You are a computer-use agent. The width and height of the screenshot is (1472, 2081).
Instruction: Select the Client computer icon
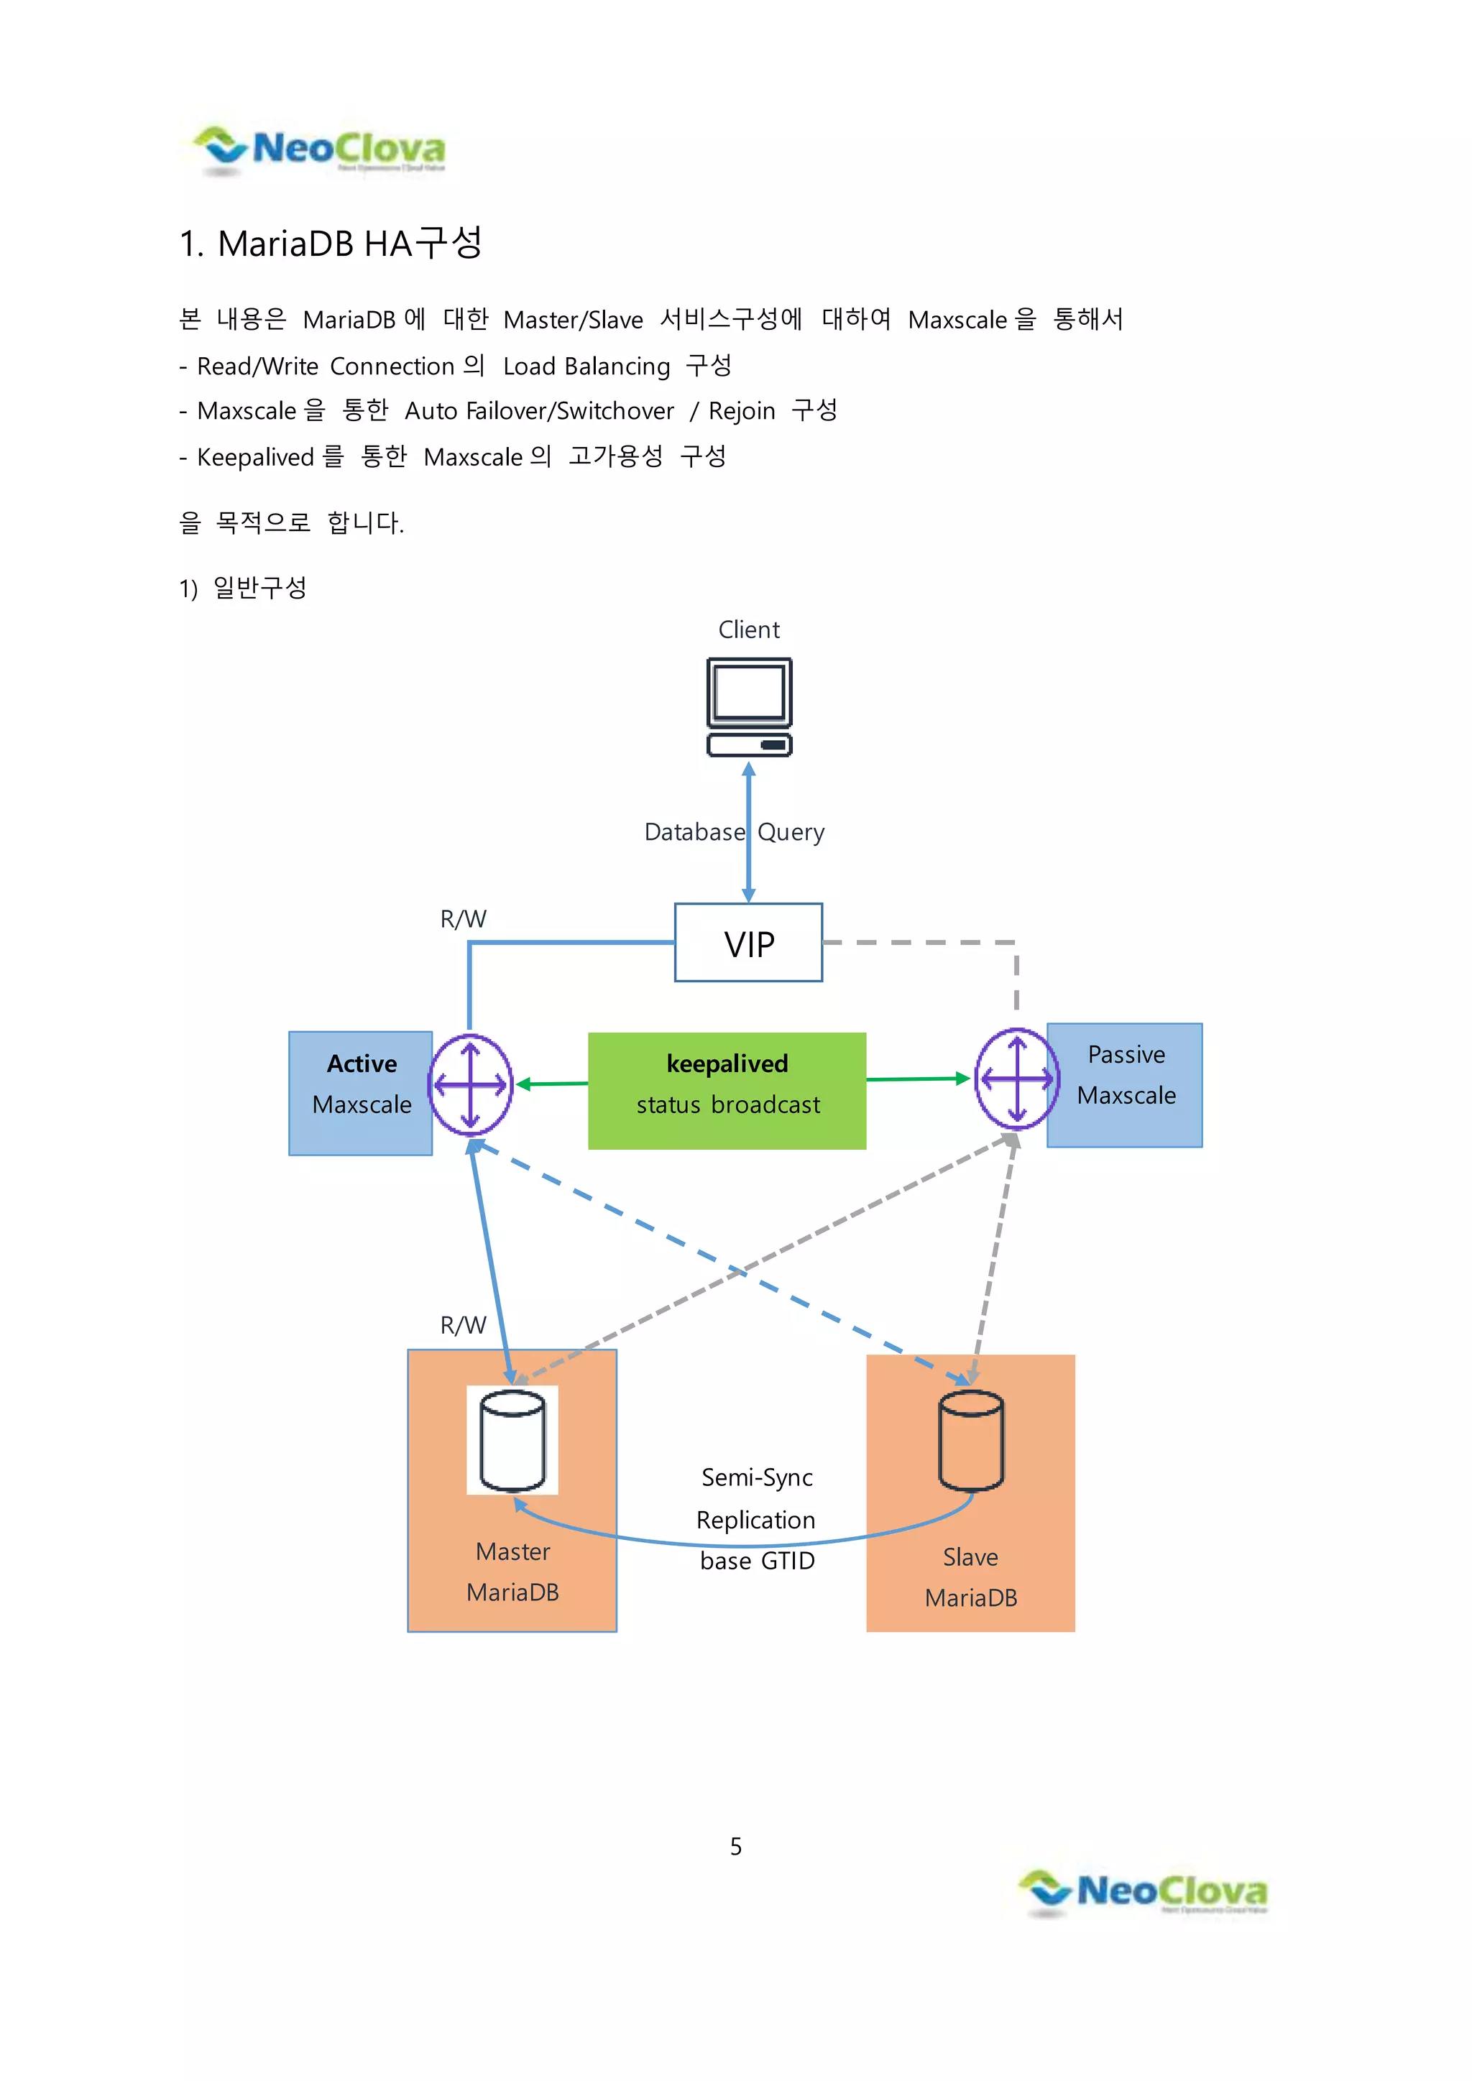click(x=749, y=707)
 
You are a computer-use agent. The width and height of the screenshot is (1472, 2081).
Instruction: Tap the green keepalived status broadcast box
click(x=727, y=1090)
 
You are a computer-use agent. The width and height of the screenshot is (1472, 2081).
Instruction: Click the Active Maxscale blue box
click(x=361, y=1093)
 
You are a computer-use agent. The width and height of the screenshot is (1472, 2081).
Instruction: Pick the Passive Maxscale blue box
click(x=1126, y=1085)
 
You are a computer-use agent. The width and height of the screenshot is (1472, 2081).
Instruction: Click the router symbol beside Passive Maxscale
click(x=1016, y=1079)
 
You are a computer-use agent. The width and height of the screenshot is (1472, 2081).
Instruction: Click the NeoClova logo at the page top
click(x=319, y=149)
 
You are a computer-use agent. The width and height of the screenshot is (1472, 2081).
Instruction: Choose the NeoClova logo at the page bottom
click(x=1144, y=1893)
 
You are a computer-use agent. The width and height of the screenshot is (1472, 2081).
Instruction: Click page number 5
click(x=736, y=1846)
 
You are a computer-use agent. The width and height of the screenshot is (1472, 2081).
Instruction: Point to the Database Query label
click(x=734, y=832)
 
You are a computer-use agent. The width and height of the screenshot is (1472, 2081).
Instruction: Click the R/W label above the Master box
click(x=462, y=1325)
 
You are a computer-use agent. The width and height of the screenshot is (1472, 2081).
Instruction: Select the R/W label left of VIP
click(x=462, y=919)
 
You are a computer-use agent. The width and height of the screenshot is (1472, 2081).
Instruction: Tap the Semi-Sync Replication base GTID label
click(x=757, y=1519)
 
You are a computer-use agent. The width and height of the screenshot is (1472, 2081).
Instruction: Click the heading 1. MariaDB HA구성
click(x=331, y=243)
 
